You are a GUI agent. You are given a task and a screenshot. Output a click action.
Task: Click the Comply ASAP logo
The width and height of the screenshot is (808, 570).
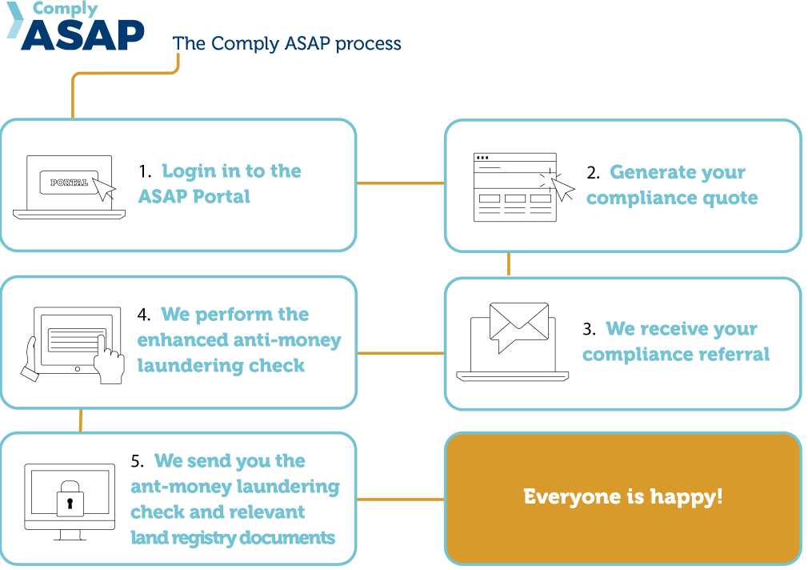76,28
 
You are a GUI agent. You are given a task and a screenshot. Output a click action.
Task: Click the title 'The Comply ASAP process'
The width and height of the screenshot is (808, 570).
287,43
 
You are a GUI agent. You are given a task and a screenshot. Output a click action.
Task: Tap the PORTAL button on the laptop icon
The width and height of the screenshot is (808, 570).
69,183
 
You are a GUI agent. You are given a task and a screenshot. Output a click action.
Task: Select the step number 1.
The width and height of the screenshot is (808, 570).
145,171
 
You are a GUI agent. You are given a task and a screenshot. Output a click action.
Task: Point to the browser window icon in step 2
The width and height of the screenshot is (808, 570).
515,187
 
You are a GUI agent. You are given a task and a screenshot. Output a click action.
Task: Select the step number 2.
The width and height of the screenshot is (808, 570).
592,173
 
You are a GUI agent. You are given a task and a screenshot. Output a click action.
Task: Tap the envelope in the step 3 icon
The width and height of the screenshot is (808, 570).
518,323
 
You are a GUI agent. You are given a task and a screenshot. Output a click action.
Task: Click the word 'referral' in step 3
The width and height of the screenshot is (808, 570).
734,354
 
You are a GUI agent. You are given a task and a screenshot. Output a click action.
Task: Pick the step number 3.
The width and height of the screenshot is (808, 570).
589,329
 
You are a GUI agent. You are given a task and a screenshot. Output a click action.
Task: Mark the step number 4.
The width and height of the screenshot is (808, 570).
144,315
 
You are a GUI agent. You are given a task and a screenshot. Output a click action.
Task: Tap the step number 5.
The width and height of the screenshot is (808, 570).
137,461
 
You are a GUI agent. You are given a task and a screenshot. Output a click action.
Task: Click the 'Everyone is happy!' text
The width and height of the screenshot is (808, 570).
622,496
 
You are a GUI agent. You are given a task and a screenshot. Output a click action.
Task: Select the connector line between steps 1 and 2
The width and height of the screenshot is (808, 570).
400,183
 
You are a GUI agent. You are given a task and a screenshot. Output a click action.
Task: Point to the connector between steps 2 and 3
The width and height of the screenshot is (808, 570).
509,264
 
